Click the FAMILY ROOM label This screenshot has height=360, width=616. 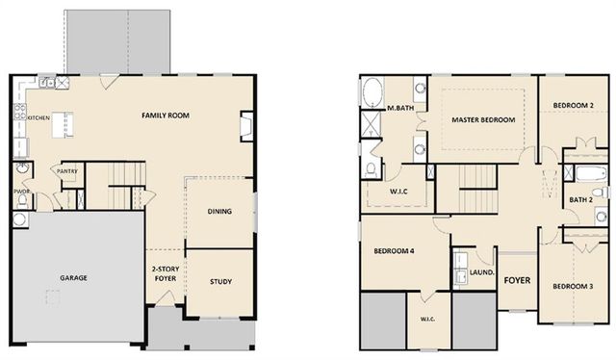[x=165, y=116]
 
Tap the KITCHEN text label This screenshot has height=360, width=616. [x=38, y=118]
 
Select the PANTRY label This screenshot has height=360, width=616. [x=66, y=171]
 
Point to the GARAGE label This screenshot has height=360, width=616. [x=74, y=278]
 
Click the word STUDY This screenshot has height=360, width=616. [x=220, y=281]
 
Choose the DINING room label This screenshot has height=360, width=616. [x=219, y=211]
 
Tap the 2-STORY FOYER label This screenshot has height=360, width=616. [x=165, y=275]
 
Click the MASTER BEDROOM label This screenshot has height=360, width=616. [x=483, y=119]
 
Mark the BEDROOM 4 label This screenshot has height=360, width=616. [x=394, y=251]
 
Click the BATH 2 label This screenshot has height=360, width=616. [x=580, y=199]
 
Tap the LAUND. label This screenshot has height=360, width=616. [x=481, y=272]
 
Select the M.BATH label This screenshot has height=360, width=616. [x=399, y=108]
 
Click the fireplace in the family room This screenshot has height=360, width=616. [x=246, y=125]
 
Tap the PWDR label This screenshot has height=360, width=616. [x=19, y=191]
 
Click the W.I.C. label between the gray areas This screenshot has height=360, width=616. [x=428, y=320]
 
